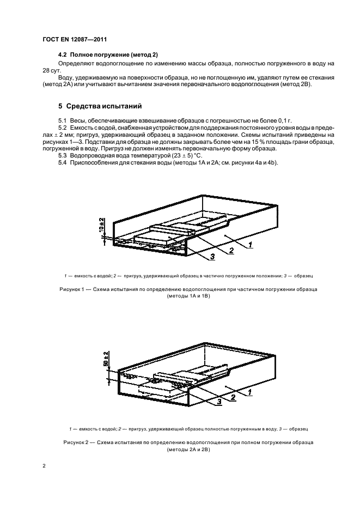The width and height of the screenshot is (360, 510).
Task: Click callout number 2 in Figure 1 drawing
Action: click(231, 251)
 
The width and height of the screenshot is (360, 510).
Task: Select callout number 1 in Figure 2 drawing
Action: click(249, 392)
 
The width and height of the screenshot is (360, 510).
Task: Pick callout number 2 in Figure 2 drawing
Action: click(233, 398)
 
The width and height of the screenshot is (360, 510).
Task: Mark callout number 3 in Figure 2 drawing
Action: click(219, 402)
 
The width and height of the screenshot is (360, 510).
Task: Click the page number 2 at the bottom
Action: click(44, 466)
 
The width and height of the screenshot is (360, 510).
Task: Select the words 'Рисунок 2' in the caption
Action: click(76, 442)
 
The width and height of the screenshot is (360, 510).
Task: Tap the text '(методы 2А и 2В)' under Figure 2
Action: click(188, 450)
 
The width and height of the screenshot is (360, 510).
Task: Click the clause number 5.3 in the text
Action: click(63, 156)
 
